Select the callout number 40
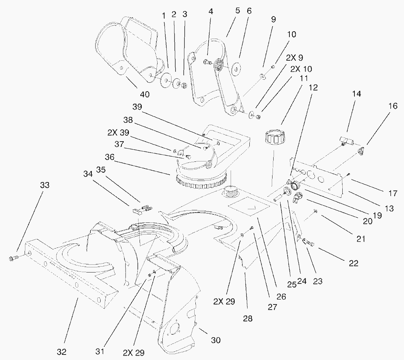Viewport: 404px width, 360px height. coord(145,95)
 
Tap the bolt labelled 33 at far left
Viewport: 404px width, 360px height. coord(12,259)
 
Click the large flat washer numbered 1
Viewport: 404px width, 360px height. coord(166,80)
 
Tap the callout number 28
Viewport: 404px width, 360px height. coord(248,318)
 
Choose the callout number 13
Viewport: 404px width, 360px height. coord(390,208)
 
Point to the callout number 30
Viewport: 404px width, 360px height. coord(216,341)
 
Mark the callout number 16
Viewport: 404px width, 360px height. coord(393,106)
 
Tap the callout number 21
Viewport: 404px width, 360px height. coord(361,239)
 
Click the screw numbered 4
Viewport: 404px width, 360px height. coord(207,63)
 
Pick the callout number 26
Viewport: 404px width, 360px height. coord(282,296)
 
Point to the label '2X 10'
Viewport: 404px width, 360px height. coord(301,69)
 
